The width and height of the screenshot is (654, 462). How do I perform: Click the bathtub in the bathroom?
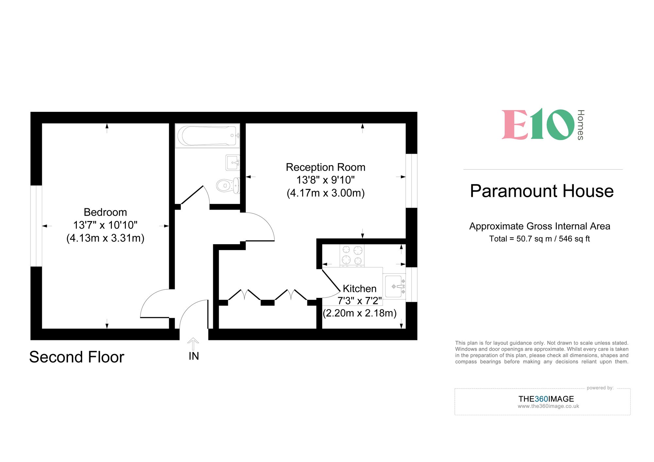tap(207, 136)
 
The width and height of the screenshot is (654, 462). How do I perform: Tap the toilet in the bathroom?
tap(228, 185)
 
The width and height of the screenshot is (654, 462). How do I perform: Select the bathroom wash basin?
tap(232, 163)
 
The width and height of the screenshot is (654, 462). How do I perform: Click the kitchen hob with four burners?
tap(352, 255)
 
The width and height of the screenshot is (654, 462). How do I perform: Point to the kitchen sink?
tap(394, 286)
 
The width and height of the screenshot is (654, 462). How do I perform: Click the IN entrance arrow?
tap(193, 344)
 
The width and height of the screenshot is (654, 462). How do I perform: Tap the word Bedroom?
tap(105, 212)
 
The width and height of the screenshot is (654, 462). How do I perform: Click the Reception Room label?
tap(325, 167)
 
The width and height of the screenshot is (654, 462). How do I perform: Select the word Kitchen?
tap(359, 288)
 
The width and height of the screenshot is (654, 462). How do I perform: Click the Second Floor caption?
tap(77, 357)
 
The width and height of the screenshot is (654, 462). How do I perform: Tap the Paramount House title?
tap(542, 191)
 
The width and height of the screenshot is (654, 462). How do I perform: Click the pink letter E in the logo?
tap(514, 125)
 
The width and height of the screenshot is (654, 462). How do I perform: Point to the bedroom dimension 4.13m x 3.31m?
tap(105, 238)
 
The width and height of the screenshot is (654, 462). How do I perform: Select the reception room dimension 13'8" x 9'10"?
tap(325, 180)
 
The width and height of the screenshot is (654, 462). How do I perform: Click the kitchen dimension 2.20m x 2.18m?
tap(359, 313)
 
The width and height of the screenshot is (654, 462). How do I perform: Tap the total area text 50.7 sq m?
tap(530, 239)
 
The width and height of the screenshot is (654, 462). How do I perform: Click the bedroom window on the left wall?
tap(36, 226)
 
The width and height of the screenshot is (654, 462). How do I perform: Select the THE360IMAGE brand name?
tap(546, 399)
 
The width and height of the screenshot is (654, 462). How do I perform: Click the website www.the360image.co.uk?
tap(548, 406)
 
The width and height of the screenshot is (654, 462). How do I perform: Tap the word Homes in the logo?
tap(580, 125)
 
